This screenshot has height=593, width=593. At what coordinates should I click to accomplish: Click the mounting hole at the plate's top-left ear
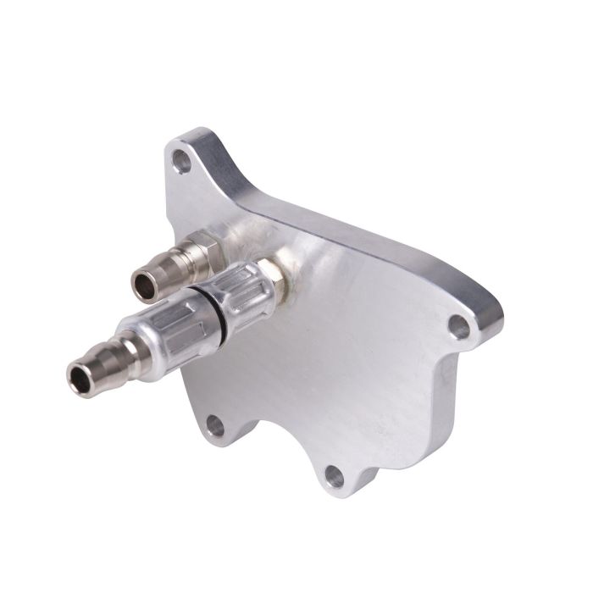[x=181, y=158]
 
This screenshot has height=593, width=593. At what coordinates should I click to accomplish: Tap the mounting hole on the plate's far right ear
[x=458, y=325]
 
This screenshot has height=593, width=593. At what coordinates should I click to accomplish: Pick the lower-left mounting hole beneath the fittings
[x=215, y=425]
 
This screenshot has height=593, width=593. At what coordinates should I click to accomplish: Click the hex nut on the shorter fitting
[x=206, y=249]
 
